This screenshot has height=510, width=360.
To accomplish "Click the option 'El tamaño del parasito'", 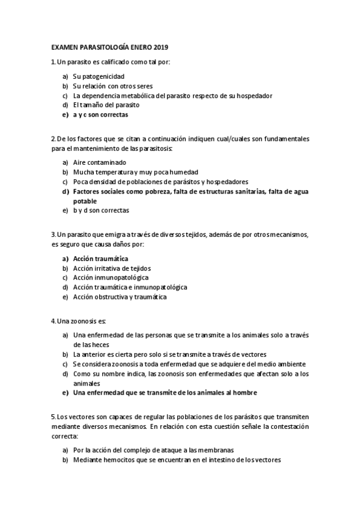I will coord(106,105).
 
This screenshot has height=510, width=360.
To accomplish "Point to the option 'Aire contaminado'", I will coord(99,162).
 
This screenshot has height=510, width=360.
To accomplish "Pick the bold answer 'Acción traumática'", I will coord(100,259).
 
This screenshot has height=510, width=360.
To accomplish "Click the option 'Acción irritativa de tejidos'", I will coord(112,268).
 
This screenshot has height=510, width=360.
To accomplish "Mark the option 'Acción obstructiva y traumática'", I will coord(120,297).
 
